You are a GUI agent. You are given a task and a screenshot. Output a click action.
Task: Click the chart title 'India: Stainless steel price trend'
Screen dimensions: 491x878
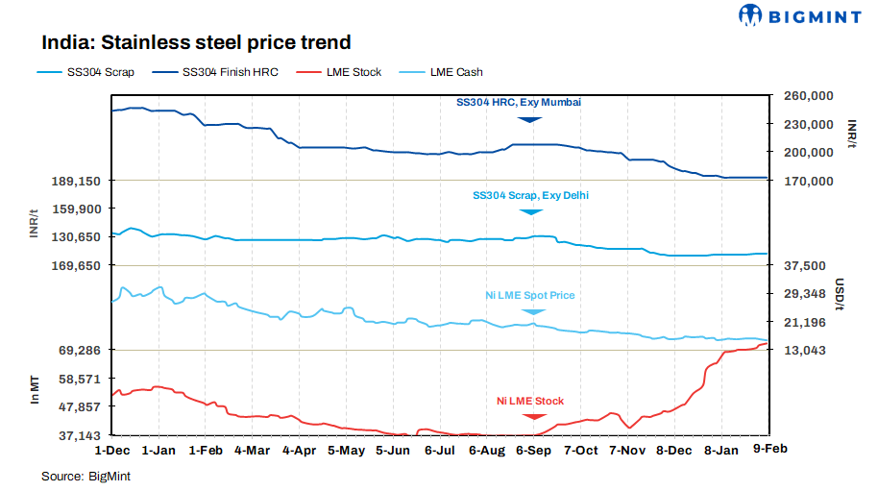[195, 42]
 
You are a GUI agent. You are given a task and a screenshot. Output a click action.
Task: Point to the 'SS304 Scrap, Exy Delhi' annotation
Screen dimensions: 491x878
[530, 195]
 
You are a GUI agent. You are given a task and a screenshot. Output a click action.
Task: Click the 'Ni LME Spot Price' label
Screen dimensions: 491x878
[529, 295]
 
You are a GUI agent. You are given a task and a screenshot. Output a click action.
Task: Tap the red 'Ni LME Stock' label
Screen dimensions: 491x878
[530, 401]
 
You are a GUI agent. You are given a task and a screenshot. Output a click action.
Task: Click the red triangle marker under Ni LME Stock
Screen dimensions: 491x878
[531, 415]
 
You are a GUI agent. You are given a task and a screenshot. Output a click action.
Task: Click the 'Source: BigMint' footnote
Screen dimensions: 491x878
[85, 476]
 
